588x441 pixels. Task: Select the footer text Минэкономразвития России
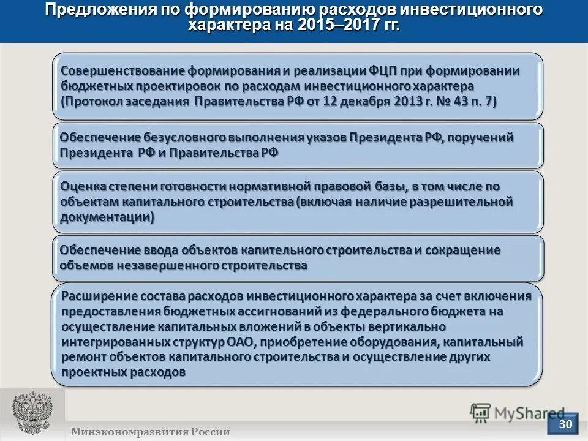(x=150, y=432)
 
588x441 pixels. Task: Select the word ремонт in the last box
(x=82, y=357)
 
